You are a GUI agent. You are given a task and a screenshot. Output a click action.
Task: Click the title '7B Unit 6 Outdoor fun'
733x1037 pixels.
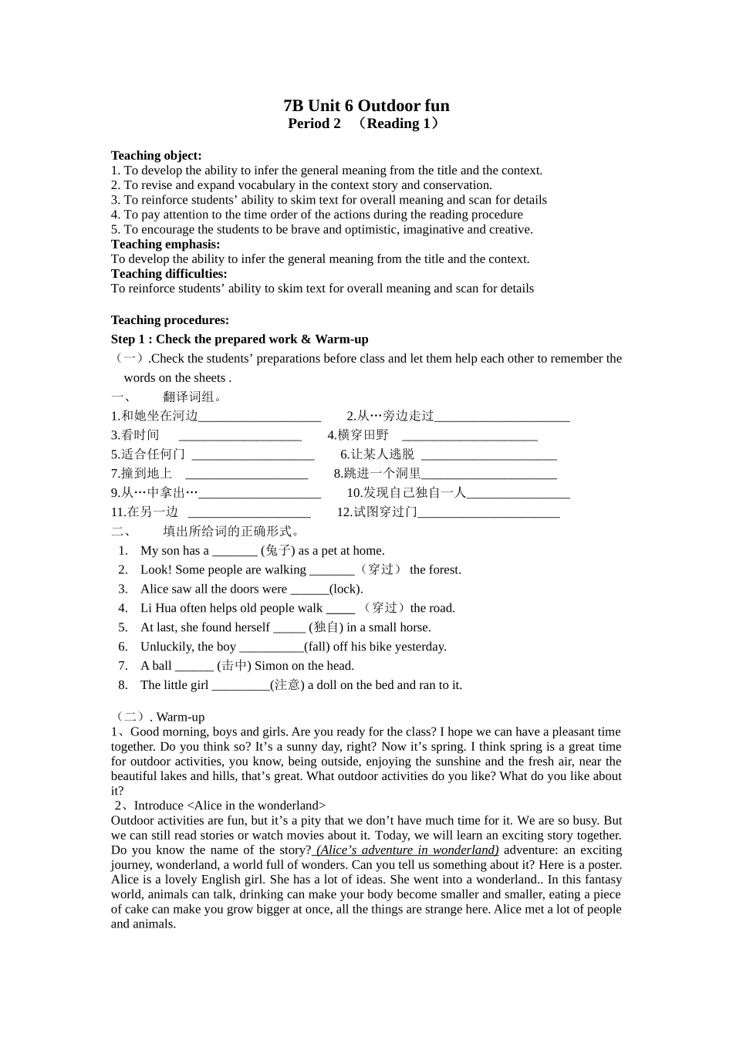tap(366, 106)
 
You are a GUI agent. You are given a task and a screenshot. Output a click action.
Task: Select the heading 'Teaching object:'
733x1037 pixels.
tap(156, 155)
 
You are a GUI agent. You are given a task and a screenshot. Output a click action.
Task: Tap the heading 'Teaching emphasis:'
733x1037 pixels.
tap(165, 244)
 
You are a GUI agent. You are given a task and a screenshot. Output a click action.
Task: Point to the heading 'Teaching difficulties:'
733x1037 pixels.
tap(169, 273)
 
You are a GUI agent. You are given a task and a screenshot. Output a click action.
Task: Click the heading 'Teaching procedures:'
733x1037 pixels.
tap(170, 320)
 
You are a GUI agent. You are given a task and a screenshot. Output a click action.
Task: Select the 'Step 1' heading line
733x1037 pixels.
tap(239, 339)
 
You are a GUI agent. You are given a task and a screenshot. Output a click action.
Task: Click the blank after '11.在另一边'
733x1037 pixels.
tap(249, 513)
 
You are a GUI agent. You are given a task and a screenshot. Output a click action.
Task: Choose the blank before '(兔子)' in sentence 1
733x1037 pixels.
tap(235, 552)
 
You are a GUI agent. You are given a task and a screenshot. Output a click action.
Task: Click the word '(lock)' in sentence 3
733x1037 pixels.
tap(346, 589)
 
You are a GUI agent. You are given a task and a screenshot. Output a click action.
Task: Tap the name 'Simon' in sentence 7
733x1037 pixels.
tap(271, 666)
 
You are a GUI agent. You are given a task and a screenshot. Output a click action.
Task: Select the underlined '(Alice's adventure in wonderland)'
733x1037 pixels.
tap(407, 850)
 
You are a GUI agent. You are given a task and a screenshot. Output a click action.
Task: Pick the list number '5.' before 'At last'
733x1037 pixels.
tap(123, 627)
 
